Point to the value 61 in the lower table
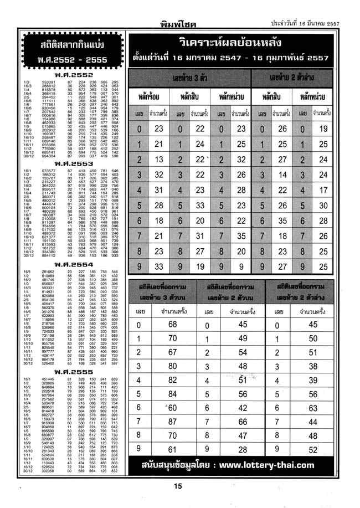point(172,449)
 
